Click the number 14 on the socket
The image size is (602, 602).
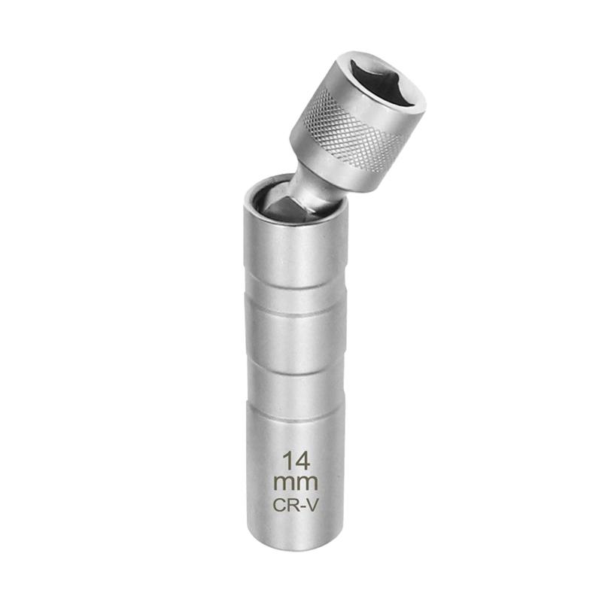click(x=296, y=461)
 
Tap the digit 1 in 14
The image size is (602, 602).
click(x=287, y=461)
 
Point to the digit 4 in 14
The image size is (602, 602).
click(x=303, y=461)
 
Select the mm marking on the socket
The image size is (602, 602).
click(x=296, y=483)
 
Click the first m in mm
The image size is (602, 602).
click(x=284, y=483)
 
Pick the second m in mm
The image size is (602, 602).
click(x=308, y=483)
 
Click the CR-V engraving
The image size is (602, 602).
click(x=296, y=505)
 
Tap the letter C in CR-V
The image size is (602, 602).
click(x=278, y=505)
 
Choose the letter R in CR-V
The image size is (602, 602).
click(x=292, y=505)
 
